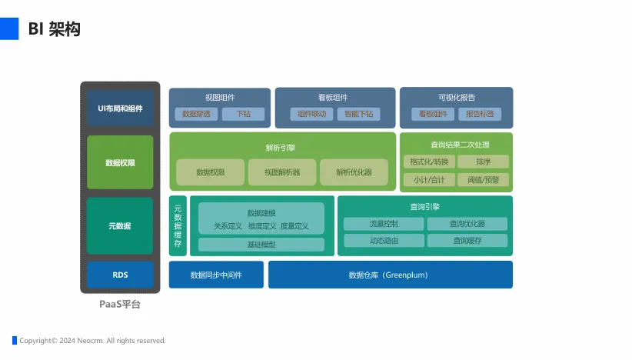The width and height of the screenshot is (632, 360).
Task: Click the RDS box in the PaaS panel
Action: (x=120, y=275)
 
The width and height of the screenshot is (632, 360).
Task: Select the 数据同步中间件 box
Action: (x=216, y=275)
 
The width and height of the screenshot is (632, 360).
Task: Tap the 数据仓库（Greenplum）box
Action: (x=390, y=275)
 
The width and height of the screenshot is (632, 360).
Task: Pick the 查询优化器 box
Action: (x=467, y=224)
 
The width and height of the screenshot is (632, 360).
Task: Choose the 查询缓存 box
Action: (x=467, y=241)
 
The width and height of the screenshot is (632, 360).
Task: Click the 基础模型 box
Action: (x=261, y=245)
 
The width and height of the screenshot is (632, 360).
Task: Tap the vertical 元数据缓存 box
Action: (x=178, y=226)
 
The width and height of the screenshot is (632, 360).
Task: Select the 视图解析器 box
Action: (x=282, y=172)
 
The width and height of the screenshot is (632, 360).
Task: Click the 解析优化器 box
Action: (x=354, y=172)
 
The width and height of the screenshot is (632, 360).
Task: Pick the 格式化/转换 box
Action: (x=429, y=162)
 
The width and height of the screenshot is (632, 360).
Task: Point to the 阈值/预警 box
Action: (x=483, y=180)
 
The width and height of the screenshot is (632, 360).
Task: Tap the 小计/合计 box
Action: (x=429, y=180)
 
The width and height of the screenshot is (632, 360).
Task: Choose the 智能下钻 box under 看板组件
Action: (x=358, y=114)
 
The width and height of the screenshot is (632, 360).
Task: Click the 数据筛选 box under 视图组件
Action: (x=196, y=114)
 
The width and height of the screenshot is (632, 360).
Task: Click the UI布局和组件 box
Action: (x=120, y=108)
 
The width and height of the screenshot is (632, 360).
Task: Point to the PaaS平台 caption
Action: (x=120, y=305)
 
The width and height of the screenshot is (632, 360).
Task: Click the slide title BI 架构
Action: (x=54, y=29)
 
